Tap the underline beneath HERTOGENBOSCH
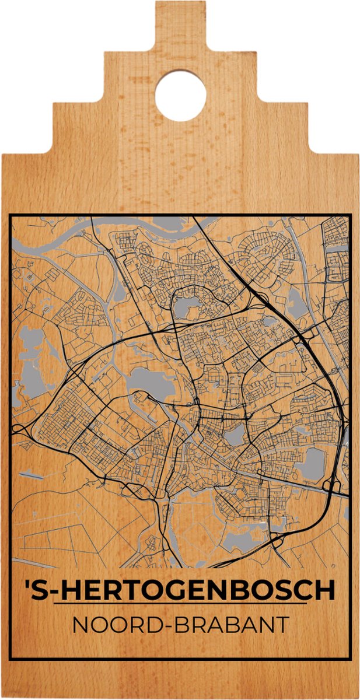[181, 604]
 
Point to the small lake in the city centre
[235, 435]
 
